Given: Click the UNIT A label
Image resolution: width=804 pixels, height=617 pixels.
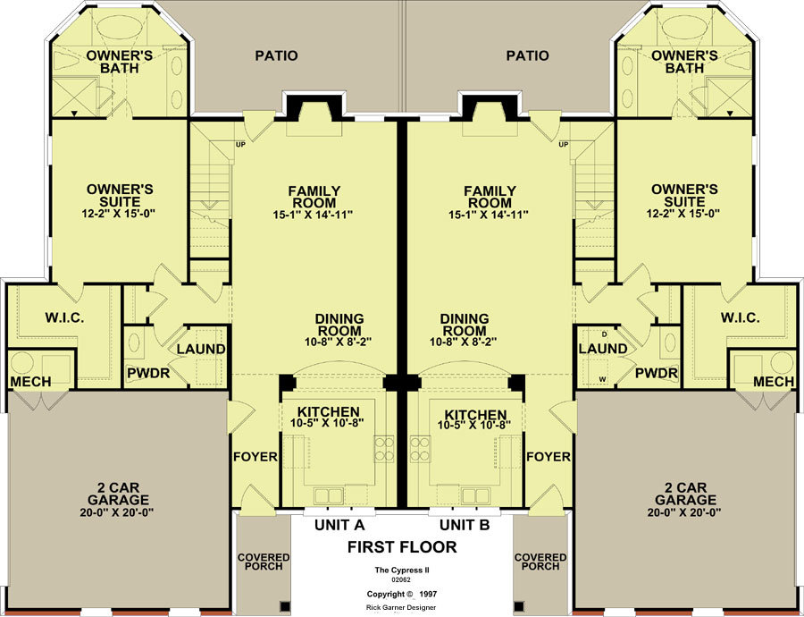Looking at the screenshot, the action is (x=339, y=525).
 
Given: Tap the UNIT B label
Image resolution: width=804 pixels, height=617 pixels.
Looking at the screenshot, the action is (x=465, y=525).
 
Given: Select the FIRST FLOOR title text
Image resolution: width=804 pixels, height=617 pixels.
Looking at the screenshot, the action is (x=402, y=547).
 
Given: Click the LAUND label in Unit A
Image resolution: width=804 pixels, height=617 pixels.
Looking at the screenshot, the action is (x=201, y=350).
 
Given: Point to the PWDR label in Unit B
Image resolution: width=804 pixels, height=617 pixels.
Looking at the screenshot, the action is (x=657, y=373).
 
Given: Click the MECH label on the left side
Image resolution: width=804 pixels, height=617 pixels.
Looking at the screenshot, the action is (x=30, y=382).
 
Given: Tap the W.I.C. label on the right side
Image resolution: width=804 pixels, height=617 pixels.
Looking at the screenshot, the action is (x=740, y=318).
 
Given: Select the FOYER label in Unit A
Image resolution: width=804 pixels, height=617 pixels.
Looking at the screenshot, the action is (x=255, y=457).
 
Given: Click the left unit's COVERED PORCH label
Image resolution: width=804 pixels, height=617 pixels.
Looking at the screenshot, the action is (x=264, y=562).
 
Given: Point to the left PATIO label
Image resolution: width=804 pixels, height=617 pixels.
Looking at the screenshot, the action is (x=276, y=55).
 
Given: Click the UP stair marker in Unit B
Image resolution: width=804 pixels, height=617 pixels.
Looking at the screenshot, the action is (x=564, y=145).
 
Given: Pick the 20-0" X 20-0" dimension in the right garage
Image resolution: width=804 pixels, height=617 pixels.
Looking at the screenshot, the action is (x=684, y=511).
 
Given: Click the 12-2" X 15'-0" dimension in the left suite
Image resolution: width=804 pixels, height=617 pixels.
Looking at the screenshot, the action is (x=119, y=214).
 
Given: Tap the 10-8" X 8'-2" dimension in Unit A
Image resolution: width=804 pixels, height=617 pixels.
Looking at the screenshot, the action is (x=338, y=342).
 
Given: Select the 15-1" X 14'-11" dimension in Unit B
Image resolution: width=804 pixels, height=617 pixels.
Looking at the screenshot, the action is (x=489, y=215).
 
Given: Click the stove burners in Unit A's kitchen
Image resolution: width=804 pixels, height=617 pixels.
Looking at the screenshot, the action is (x=384, y=449).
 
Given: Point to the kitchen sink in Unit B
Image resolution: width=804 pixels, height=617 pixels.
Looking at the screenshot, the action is (x=475, y=496).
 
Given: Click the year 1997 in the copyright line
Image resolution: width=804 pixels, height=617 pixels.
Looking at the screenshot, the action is (x=428, y=594).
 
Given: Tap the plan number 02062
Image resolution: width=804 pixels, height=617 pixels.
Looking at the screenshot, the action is (x=401, y=580).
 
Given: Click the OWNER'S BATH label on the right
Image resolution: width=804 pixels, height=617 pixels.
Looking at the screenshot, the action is (x=684, y=62).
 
